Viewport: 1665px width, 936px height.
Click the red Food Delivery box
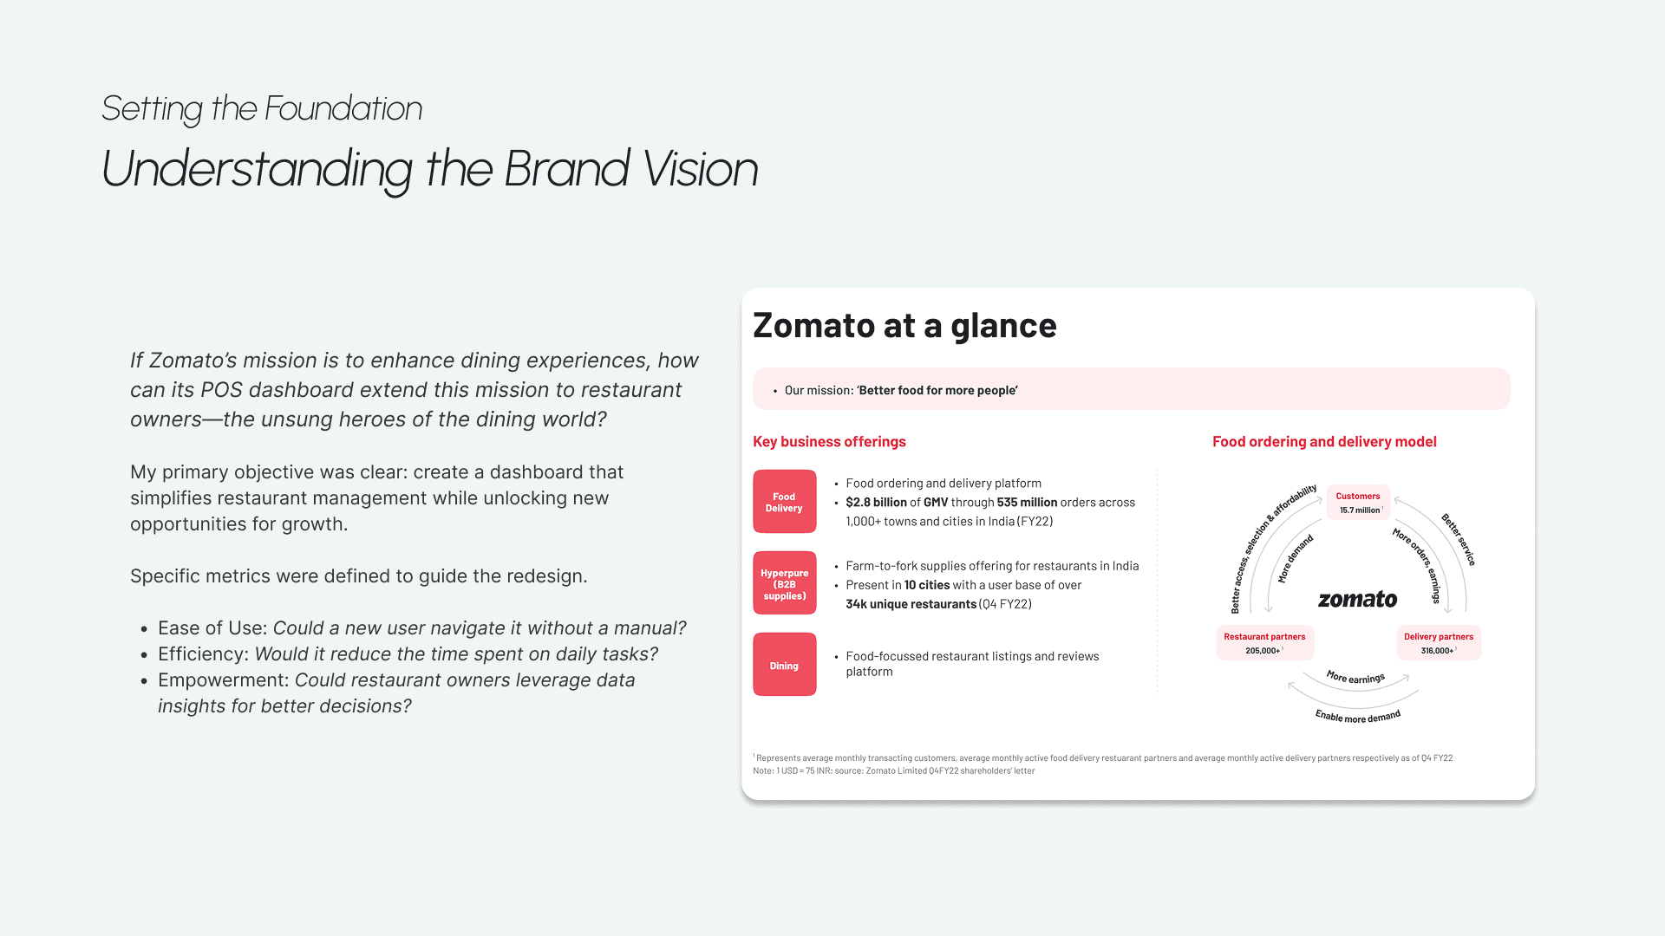[x=785, y=502]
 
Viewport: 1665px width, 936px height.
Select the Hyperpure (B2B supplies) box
[x=785, y=583]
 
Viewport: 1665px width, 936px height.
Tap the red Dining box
[x=785, y=665]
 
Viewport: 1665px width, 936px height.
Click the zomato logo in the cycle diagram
[x=1358, y=599]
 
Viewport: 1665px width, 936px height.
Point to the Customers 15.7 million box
[x=1358, y=503]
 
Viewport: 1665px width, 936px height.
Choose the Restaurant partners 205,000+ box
[x=1265, y=643]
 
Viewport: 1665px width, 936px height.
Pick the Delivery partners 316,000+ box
[x=1439, y=643]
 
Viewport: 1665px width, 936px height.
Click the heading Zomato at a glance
[x=904, y=326]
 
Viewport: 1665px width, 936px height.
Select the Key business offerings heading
[x=829, y=442]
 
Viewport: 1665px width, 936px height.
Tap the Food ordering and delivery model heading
[x=1324, y=442]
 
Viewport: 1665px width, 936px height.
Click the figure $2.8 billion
[x=876, y=503]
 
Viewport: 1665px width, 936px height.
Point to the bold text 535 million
[x=1027, y=503]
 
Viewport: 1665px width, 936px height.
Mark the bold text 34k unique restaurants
[x=911, y=604]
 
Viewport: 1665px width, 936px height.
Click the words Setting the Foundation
[x=262, y=109]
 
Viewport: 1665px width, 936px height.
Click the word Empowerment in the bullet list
[x=220, y=680]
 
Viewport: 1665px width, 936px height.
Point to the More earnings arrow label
[x=1355, y=677]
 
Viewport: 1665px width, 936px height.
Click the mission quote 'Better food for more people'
[x=937, y=391]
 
